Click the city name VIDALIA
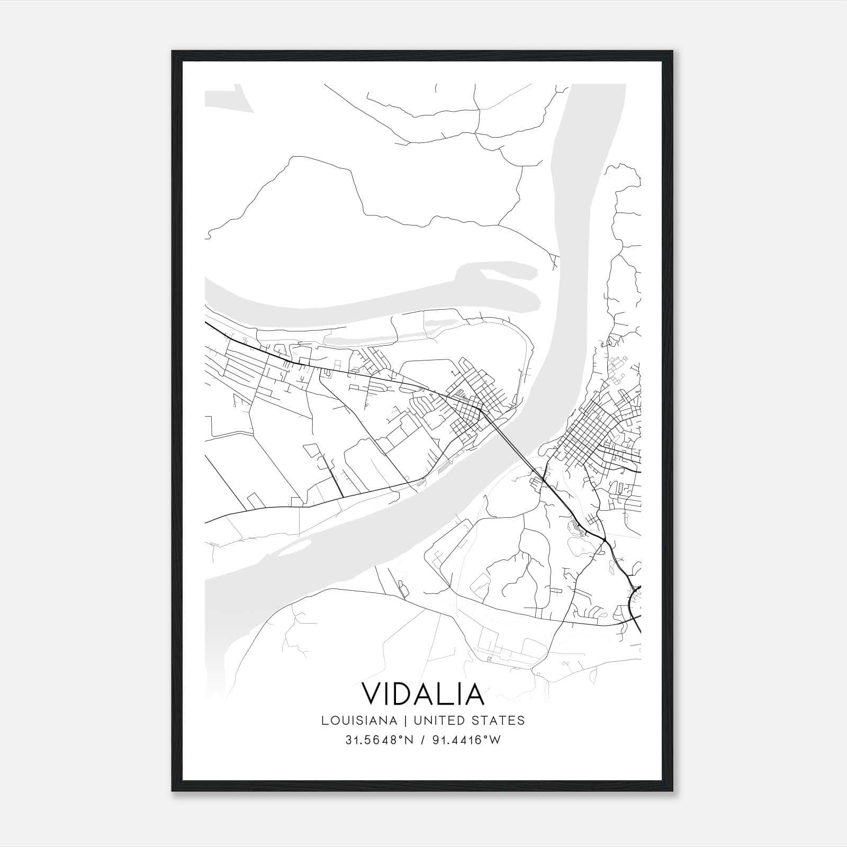point(423,694)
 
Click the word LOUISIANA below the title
point(358,720)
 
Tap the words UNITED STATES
point(469,720)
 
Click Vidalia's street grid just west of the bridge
point(471,402)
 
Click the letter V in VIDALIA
point(372,694)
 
